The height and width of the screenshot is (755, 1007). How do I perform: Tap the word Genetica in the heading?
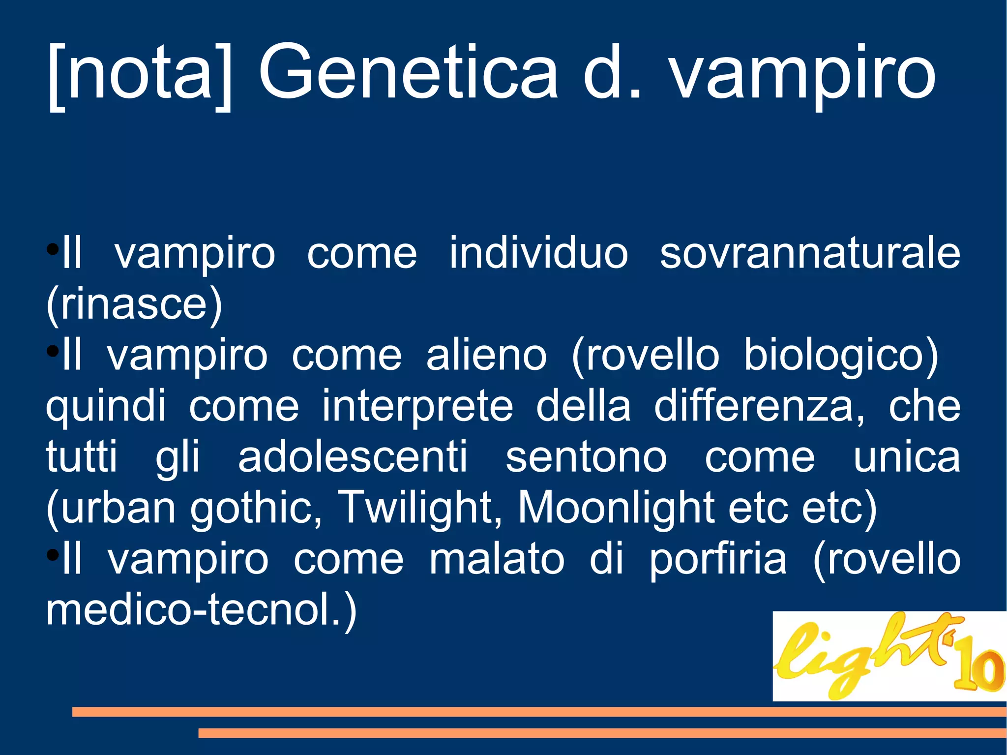pos(408,74)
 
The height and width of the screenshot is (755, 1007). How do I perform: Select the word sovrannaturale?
pos(810,254)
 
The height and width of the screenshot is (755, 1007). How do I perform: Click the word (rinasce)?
pos(134,305)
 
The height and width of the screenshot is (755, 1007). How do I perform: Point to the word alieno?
pos(486,356)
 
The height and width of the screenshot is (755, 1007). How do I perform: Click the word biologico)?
pos(841,356)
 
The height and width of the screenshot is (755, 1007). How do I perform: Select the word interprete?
pos(417,407)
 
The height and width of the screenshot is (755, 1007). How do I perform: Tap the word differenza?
pos(759,407)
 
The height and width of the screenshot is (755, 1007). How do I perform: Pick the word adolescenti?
pos(353,457)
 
